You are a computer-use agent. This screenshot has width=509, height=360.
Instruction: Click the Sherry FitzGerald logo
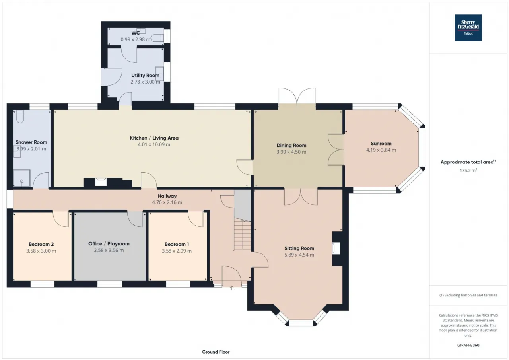click(x=468, y=28)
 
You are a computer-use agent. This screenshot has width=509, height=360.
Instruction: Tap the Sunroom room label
click(x=381, y=144)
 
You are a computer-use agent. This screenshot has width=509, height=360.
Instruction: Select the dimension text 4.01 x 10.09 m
click(x=154, y=144)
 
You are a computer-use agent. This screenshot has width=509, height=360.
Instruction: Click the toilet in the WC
click(x=157, y=38)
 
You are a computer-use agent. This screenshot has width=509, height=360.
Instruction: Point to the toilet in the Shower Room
click(x=20, y=117)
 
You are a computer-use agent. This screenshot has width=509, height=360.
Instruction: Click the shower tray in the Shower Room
click(x=22, y=178)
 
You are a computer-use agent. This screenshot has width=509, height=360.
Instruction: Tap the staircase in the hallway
click(x=243, y=234)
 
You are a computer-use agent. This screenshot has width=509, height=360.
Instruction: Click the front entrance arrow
click(x=232, y=288)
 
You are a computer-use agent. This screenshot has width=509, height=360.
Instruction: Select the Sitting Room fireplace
click(x=337, y=248)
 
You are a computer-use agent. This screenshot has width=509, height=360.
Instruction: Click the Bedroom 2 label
click(x=41, y=244)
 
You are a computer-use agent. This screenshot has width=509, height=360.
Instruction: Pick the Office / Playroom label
click(x=109, y=243)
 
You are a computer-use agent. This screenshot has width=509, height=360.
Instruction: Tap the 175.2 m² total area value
click(x=468, y=170)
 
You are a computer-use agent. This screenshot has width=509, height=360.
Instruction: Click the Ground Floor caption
click(x=216, y=352)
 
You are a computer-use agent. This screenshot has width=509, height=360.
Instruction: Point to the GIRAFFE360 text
click(x=468, y=345)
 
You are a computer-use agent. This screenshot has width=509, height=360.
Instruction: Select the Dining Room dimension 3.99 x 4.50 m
click(x=291, y=152)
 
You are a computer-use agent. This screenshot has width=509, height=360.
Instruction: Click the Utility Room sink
click(x=159, y=74)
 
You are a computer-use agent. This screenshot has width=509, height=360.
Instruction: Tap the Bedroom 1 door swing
click(x=196, y=219)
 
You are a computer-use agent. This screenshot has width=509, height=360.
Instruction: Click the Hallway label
click(x=167, y=196)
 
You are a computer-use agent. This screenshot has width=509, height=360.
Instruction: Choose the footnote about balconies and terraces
click(x=468, y=295)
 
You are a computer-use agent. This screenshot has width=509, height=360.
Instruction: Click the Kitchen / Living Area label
click(x=154, y=138)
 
